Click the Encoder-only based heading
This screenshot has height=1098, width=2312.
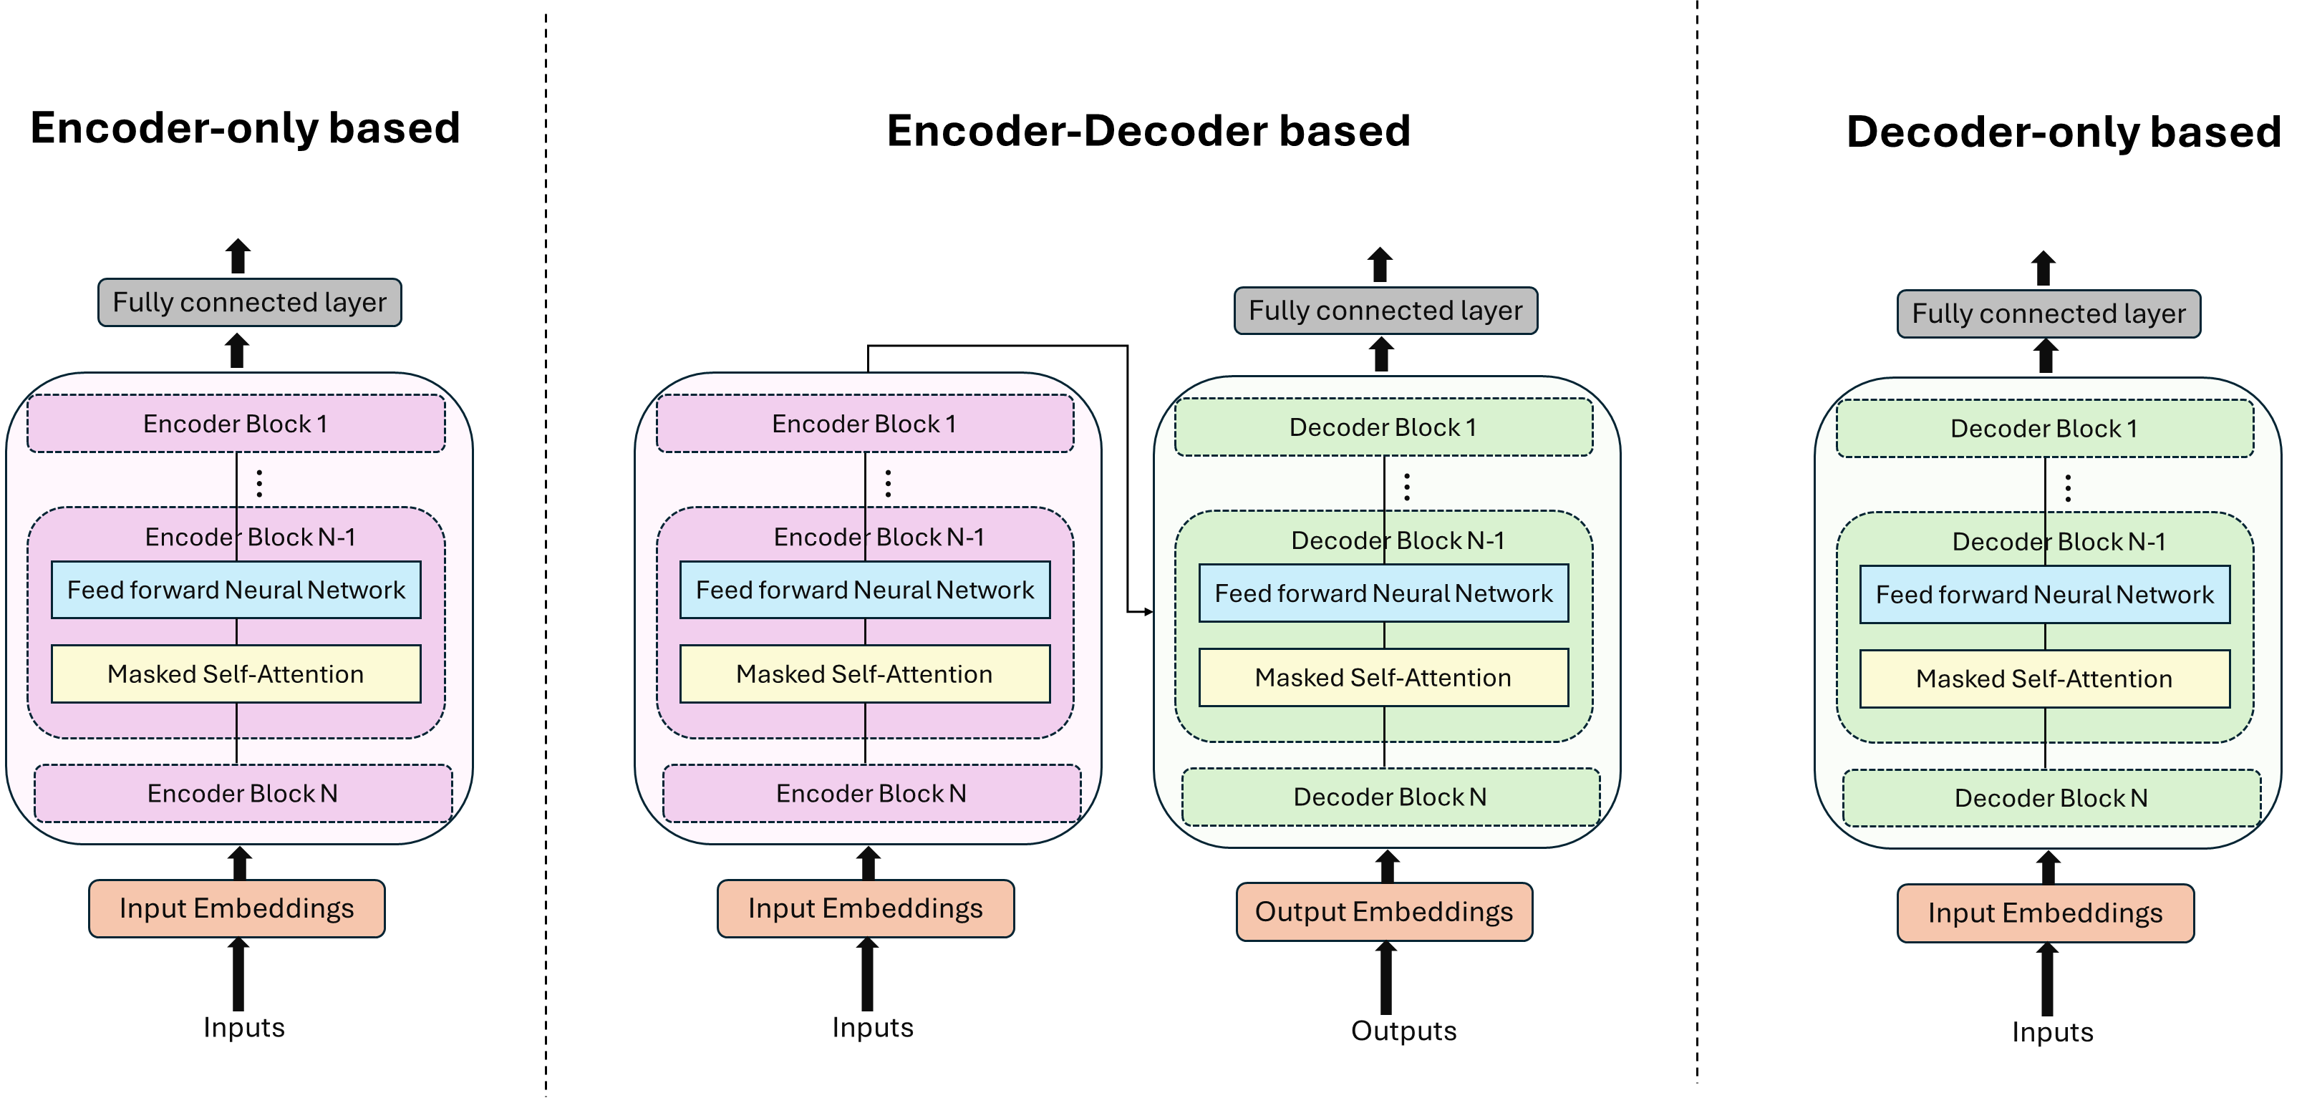(245, 128)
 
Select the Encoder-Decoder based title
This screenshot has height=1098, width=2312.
(1148, 131)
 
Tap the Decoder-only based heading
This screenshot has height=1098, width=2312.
(2064, 132)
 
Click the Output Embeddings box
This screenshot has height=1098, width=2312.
(1384, 911)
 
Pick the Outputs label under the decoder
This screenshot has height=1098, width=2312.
(1403, 1031)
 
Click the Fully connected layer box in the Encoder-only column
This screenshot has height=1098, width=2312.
(249, 302)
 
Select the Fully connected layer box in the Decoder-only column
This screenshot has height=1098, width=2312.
(2049, 314)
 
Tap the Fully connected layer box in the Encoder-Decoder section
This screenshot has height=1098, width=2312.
(1385, 311)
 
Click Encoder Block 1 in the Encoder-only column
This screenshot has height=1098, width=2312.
(236, 424)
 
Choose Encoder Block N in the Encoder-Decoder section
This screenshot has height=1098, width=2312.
(871, 793)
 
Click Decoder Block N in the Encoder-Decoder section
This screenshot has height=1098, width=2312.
(1390, 797)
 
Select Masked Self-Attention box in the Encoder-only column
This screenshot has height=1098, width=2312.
(236, 674)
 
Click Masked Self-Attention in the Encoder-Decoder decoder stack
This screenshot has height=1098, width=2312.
(1384, 677)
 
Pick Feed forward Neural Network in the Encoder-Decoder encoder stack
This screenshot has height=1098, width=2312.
(865, 589)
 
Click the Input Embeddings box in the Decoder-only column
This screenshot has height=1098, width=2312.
(2046, 913)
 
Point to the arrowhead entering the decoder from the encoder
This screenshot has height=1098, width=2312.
(1148, 612)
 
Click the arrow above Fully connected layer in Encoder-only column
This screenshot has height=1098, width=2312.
(238, 256)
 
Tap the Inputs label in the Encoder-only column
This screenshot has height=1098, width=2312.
(244, 1027)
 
